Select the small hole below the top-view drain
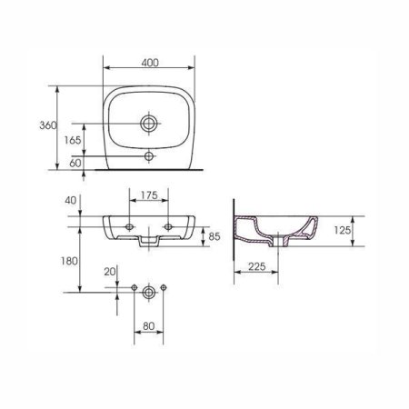pos(149,156)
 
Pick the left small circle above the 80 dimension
pos(135,289)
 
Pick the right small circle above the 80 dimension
pos(164,289)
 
